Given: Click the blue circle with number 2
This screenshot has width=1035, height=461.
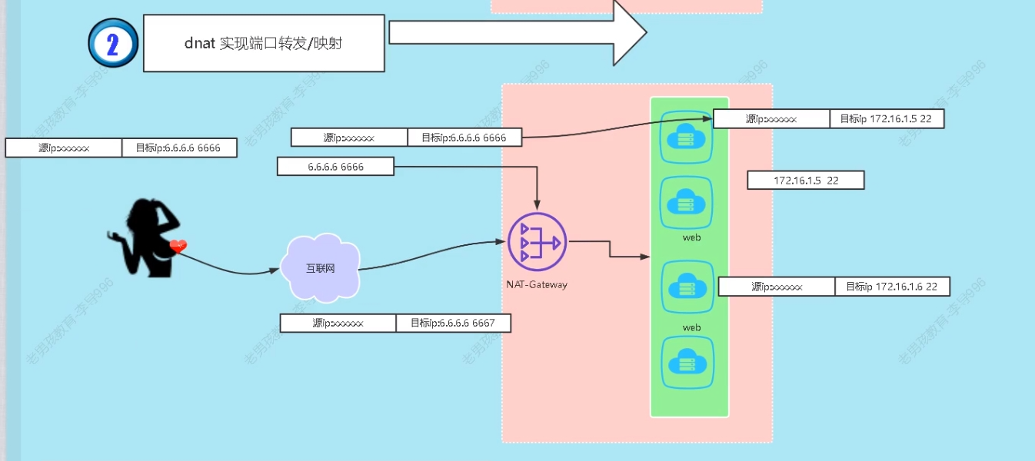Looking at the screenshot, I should pos(113,44).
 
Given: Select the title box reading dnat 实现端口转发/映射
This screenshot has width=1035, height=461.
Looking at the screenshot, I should pos(264,43).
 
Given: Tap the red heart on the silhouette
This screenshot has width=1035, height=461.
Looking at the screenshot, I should pos(178,247).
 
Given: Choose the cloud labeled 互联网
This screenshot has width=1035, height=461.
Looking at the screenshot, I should pos(321,268).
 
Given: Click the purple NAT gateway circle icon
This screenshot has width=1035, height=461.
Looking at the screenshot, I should pos(537,242).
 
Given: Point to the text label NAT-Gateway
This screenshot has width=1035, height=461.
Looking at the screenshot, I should pos(537,284).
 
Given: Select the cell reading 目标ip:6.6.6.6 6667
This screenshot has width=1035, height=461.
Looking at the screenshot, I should pos(453,323).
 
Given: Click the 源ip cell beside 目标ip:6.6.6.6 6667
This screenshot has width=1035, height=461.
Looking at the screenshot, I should pos(338,323).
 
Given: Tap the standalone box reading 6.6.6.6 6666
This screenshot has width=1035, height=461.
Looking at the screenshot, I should pos(335,167).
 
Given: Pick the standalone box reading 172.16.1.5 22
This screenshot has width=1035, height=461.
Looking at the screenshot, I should pos(806,181).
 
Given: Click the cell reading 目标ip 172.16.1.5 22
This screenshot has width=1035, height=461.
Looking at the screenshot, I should pos(887,119).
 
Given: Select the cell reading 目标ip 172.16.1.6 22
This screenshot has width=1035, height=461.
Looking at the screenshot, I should pos(892,287).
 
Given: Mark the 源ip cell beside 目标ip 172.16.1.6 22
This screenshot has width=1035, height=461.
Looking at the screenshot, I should pos(777,287).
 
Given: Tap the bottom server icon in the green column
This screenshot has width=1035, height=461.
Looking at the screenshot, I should pos(687,363).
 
